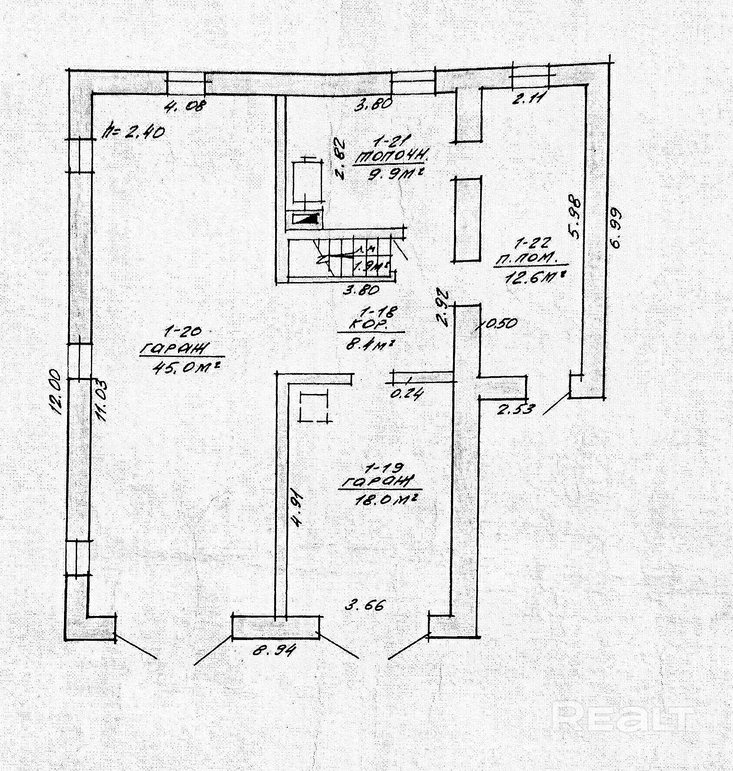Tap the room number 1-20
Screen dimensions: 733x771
click(183, 332)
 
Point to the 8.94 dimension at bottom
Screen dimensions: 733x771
click(275, 650)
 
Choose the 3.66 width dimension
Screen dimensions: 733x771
click(365, 605)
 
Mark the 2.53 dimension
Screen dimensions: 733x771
click(515, 410)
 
